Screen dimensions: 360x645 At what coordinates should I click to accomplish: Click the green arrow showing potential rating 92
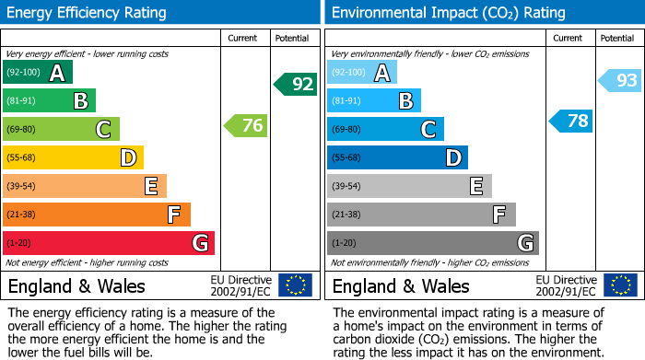click(296, 85)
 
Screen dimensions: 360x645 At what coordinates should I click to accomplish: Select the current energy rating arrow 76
click(247, 126)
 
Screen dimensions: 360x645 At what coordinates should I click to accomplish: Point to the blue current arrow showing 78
click(571, 122)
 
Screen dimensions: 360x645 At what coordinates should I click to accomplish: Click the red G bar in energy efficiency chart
click(109, 243)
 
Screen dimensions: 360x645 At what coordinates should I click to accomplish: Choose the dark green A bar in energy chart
click(38, 73)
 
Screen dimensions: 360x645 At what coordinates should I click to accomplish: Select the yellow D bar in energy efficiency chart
click(73, 158)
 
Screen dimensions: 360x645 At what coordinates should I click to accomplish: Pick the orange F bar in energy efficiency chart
click(97, 215)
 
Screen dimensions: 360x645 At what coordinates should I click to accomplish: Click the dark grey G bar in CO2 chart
click(432, 243)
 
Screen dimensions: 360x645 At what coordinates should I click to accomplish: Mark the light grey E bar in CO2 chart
click(409, 186)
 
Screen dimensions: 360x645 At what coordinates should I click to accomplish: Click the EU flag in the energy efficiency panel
click(295, 285)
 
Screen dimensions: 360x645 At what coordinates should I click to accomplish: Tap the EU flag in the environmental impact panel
click(619, 285)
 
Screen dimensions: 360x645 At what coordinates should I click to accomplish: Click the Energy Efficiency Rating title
click(88, 13)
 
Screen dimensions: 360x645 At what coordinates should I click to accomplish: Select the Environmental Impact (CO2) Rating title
click(448, 13)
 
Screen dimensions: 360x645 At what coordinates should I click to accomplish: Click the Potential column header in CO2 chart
click(616, 38)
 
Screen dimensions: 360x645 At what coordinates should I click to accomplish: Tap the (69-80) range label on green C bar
click(22, 130)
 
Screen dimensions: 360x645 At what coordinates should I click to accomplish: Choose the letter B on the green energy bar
click(80, 101)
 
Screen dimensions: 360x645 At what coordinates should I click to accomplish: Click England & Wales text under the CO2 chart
click(401, 286)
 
